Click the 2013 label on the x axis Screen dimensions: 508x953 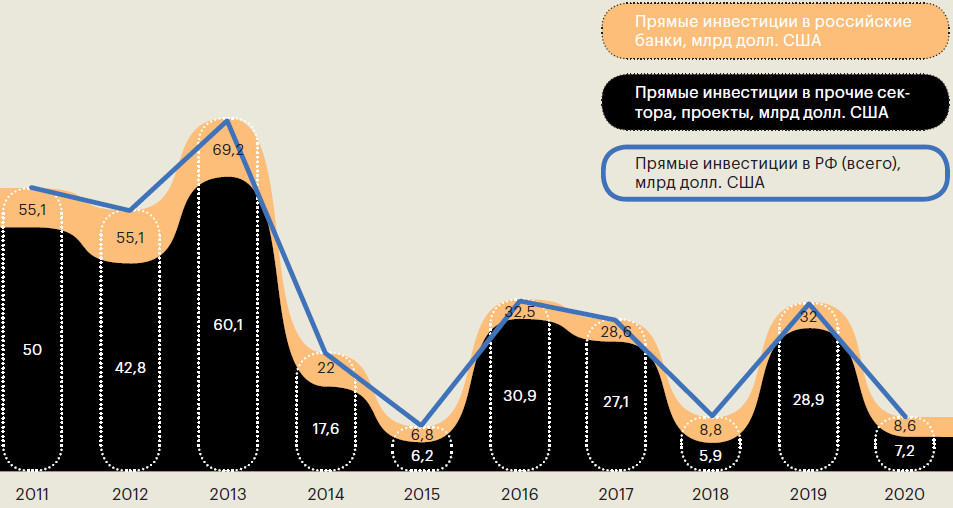click(229, 495)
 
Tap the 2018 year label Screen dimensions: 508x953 click(709, 495)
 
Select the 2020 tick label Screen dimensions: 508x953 click(905, 495)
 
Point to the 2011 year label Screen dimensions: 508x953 click(34, 495)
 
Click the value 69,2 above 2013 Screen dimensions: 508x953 click(229, 151)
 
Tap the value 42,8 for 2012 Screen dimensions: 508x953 click(131, 368)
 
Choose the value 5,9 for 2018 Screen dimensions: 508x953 click(709, 452)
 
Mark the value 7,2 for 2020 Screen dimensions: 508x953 click(905, 452)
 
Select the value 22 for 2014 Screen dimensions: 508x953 click(326, 368)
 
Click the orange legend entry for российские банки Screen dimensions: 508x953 click(774, 31)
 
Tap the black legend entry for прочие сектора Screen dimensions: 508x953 click(774, 102)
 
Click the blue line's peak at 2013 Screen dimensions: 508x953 click(229, 120)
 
